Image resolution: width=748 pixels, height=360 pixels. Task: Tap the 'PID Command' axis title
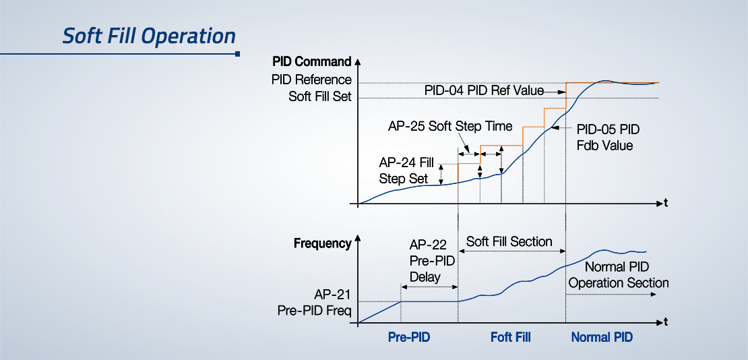[x=312, y=61]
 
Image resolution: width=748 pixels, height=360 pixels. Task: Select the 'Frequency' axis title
[x=323, y=243]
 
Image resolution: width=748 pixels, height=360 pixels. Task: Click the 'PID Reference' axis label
[x=311, y=80]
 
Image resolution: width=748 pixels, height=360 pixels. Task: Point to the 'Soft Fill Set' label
[x=320, y=96]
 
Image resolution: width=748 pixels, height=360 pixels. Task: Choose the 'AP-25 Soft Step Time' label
[x=450, y=127]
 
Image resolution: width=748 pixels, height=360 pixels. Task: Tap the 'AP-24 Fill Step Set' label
[x=406, y=171]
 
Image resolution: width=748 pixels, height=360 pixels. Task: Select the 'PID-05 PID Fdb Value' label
[x=608, y=137]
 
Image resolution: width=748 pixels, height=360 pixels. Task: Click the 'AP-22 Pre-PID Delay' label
[x=428, y=261]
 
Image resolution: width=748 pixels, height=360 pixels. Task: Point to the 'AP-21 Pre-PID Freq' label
[x=315, y=302]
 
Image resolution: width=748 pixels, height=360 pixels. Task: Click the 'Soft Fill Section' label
[x=509, y=241]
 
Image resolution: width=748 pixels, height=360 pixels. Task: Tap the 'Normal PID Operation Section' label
[x=619, y=274]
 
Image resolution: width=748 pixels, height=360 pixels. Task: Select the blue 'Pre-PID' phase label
[x=409, y=338]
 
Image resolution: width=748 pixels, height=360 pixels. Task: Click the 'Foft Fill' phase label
[x=510, y=338]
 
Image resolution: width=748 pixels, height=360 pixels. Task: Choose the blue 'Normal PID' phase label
[x=602, y=338]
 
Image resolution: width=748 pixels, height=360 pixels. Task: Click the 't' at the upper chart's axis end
[x=666, y=204]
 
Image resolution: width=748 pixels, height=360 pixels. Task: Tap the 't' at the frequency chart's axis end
[x=666, y=323]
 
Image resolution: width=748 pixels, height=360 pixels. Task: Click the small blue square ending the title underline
[x=238, y=54]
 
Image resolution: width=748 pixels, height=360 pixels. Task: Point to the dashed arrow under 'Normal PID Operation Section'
[x=611, y=294]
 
